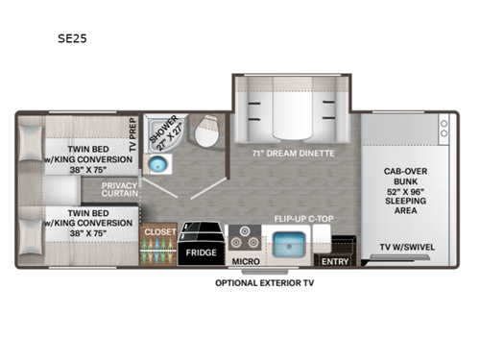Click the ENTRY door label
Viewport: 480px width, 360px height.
pos(334,260)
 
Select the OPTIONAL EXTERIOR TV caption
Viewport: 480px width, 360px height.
pos(266,283)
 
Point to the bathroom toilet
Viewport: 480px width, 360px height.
pos(207,129)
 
